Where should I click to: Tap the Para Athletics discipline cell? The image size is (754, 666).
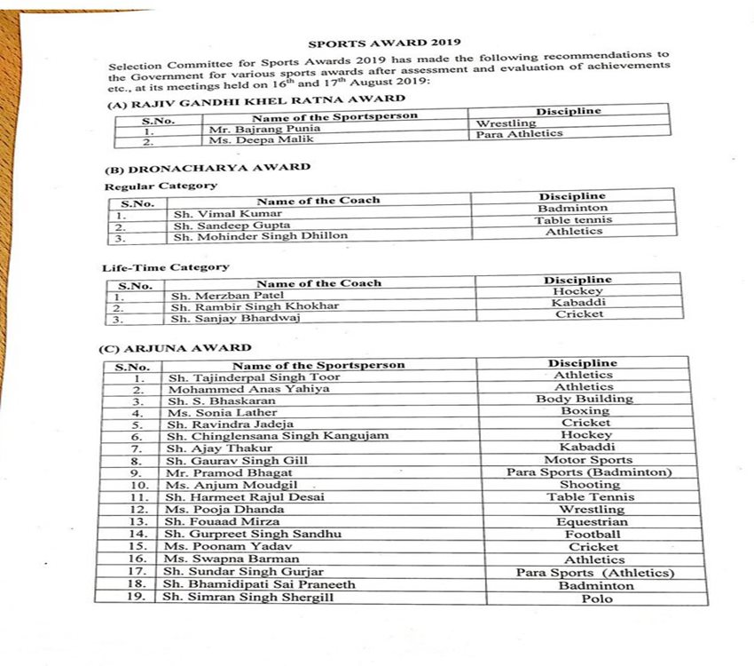pyautogui.click(x=519, y=134)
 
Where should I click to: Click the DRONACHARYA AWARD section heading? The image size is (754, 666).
pyautogui.click(x=207, y=167)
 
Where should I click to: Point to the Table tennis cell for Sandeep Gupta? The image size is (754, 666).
pyautogui.click(x=573, y=219)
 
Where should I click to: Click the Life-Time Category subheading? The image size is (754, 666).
pyautogui.click(x=166, y=266)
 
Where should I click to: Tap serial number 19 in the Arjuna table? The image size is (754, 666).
pyautogui.click(x=137, y=597)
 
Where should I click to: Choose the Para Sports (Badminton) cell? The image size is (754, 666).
pyautogui.click(x=589, y=472)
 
